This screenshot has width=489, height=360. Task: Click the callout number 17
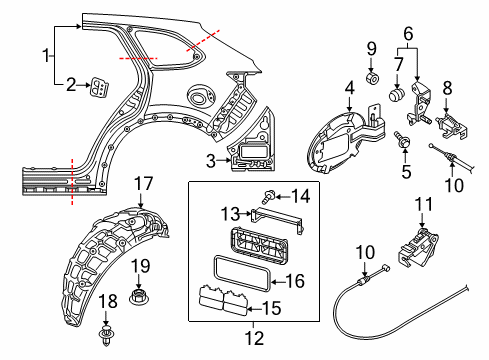pos(143,184)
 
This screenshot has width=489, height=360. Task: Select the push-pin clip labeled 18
pos(106,336)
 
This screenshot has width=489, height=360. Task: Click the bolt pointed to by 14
pos(268,196)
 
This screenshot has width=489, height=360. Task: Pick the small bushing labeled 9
pos(373,78)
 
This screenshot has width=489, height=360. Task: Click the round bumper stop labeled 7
pos(397,94)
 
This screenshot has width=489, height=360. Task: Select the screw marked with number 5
pos(402,140)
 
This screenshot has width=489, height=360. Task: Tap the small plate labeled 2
pos(100,88)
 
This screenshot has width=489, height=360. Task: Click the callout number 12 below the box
pos(255,338)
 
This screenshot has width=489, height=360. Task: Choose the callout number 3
pos(211,161)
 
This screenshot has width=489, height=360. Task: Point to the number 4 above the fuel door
pos(349,88)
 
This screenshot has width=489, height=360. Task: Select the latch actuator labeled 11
pos(418,248)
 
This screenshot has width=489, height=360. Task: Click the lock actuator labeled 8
pos(451,126)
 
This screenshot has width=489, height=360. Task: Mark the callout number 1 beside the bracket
pos(46,55)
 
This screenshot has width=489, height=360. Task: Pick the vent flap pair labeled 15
pos(223,300)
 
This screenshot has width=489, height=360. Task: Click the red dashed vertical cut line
pos(72,181)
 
